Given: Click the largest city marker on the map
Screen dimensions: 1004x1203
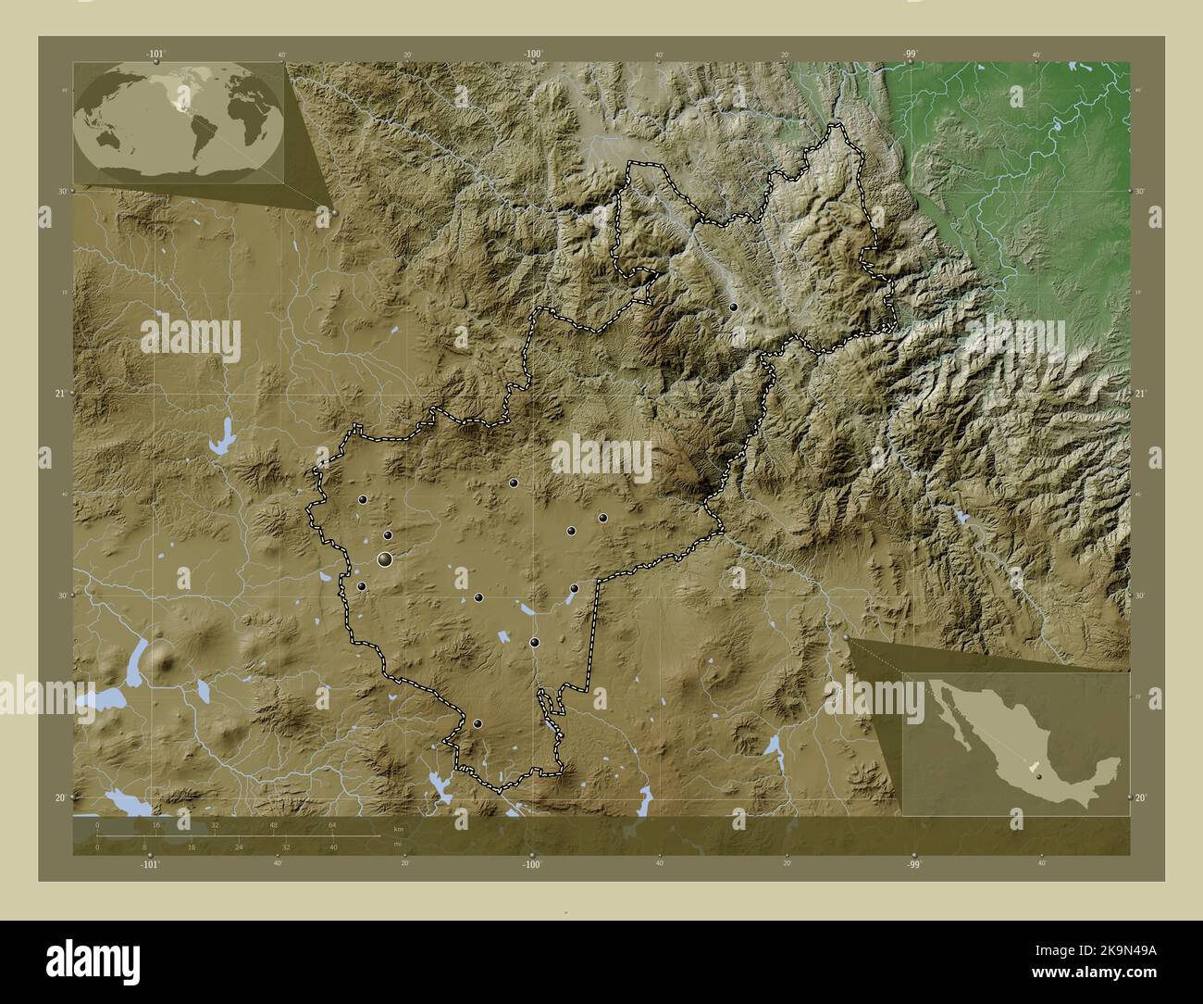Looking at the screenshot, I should (x=385, y=559).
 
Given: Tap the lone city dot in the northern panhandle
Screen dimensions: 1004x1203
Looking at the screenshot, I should (x=733, y=307).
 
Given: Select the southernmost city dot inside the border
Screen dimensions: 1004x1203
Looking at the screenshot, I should (x=477, y=724).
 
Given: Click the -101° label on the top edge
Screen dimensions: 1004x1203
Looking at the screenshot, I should (x=156, y=55).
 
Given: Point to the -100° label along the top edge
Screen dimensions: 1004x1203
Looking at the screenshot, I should (x=533, y=55).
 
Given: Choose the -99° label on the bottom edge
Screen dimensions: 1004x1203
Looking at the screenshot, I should (x=913, y=864).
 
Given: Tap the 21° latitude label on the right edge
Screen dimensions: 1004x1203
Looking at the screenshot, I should (x=1141, y=394).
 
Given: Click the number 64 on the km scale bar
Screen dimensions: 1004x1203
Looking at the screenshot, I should (x=331, y=824).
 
